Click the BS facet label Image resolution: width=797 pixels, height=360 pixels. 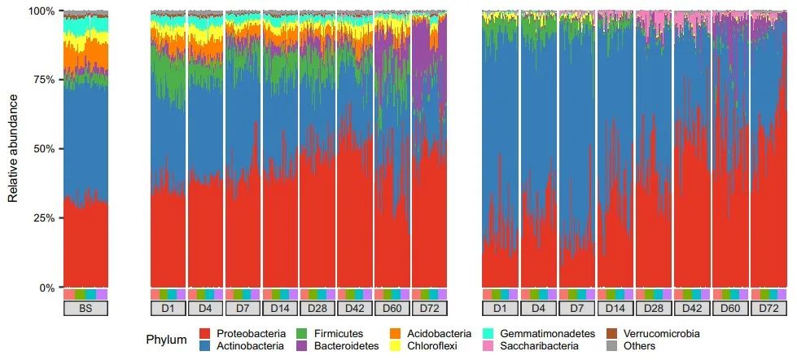(85, 310)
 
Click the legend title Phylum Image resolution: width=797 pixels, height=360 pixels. (166, 340)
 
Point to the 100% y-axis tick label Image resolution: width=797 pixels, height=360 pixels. (42, 11)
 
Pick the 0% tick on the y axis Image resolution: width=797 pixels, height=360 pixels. (47, 288)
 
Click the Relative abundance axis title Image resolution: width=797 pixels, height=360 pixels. (13, 149)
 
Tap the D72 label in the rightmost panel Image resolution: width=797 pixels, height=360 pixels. (768, 310)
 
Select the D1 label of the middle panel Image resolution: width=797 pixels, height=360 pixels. (168, 310)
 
